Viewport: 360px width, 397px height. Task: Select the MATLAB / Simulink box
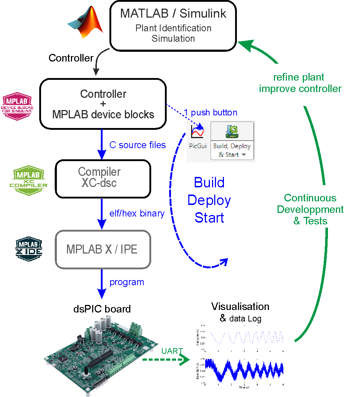tap(173, 25)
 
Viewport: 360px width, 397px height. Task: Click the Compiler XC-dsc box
tap(102, 178)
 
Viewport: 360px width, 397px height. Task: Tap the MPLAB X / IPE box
tap(102, 249)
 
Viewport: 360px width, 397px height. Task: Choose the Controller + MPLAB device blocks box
tap(103, 104)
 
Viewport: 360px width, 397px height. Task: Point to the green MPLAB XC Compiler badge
tap(28, 181)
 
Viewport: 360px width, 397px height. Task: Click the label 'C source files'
tap(138, 145)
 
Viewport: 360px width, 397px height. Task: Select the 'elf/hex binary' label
tap(137, 213)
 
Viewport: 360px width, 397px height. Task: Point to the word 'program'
tap(127, 282)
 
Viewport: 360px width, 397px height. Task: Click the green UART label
tap(172, 351)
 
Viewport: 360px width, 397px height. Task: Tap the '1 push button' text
tap(211, 113)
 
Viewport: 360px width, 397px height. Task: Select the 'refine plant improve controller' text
tap(300, 83)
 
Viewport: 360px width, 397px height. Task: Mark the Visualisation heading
tap(240, 306)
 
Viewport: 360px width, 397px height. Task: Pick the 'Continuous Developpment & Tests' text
tap(310, 209)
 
